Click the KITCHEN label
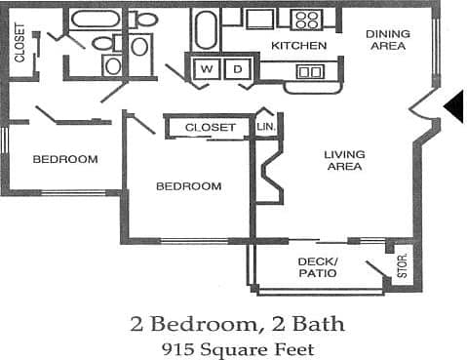298,46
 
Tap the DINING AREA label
387,40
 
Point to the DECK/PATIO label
318,267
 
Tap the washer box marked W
208,69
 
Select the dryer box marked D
236,69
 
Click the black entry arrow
453,106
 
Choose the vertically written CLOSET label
20,44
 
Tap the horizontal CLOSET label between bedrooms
210,128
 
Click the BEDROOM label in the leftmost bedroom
64,159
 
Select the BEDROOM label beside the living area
189,186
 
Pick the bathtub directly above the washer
206,29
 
